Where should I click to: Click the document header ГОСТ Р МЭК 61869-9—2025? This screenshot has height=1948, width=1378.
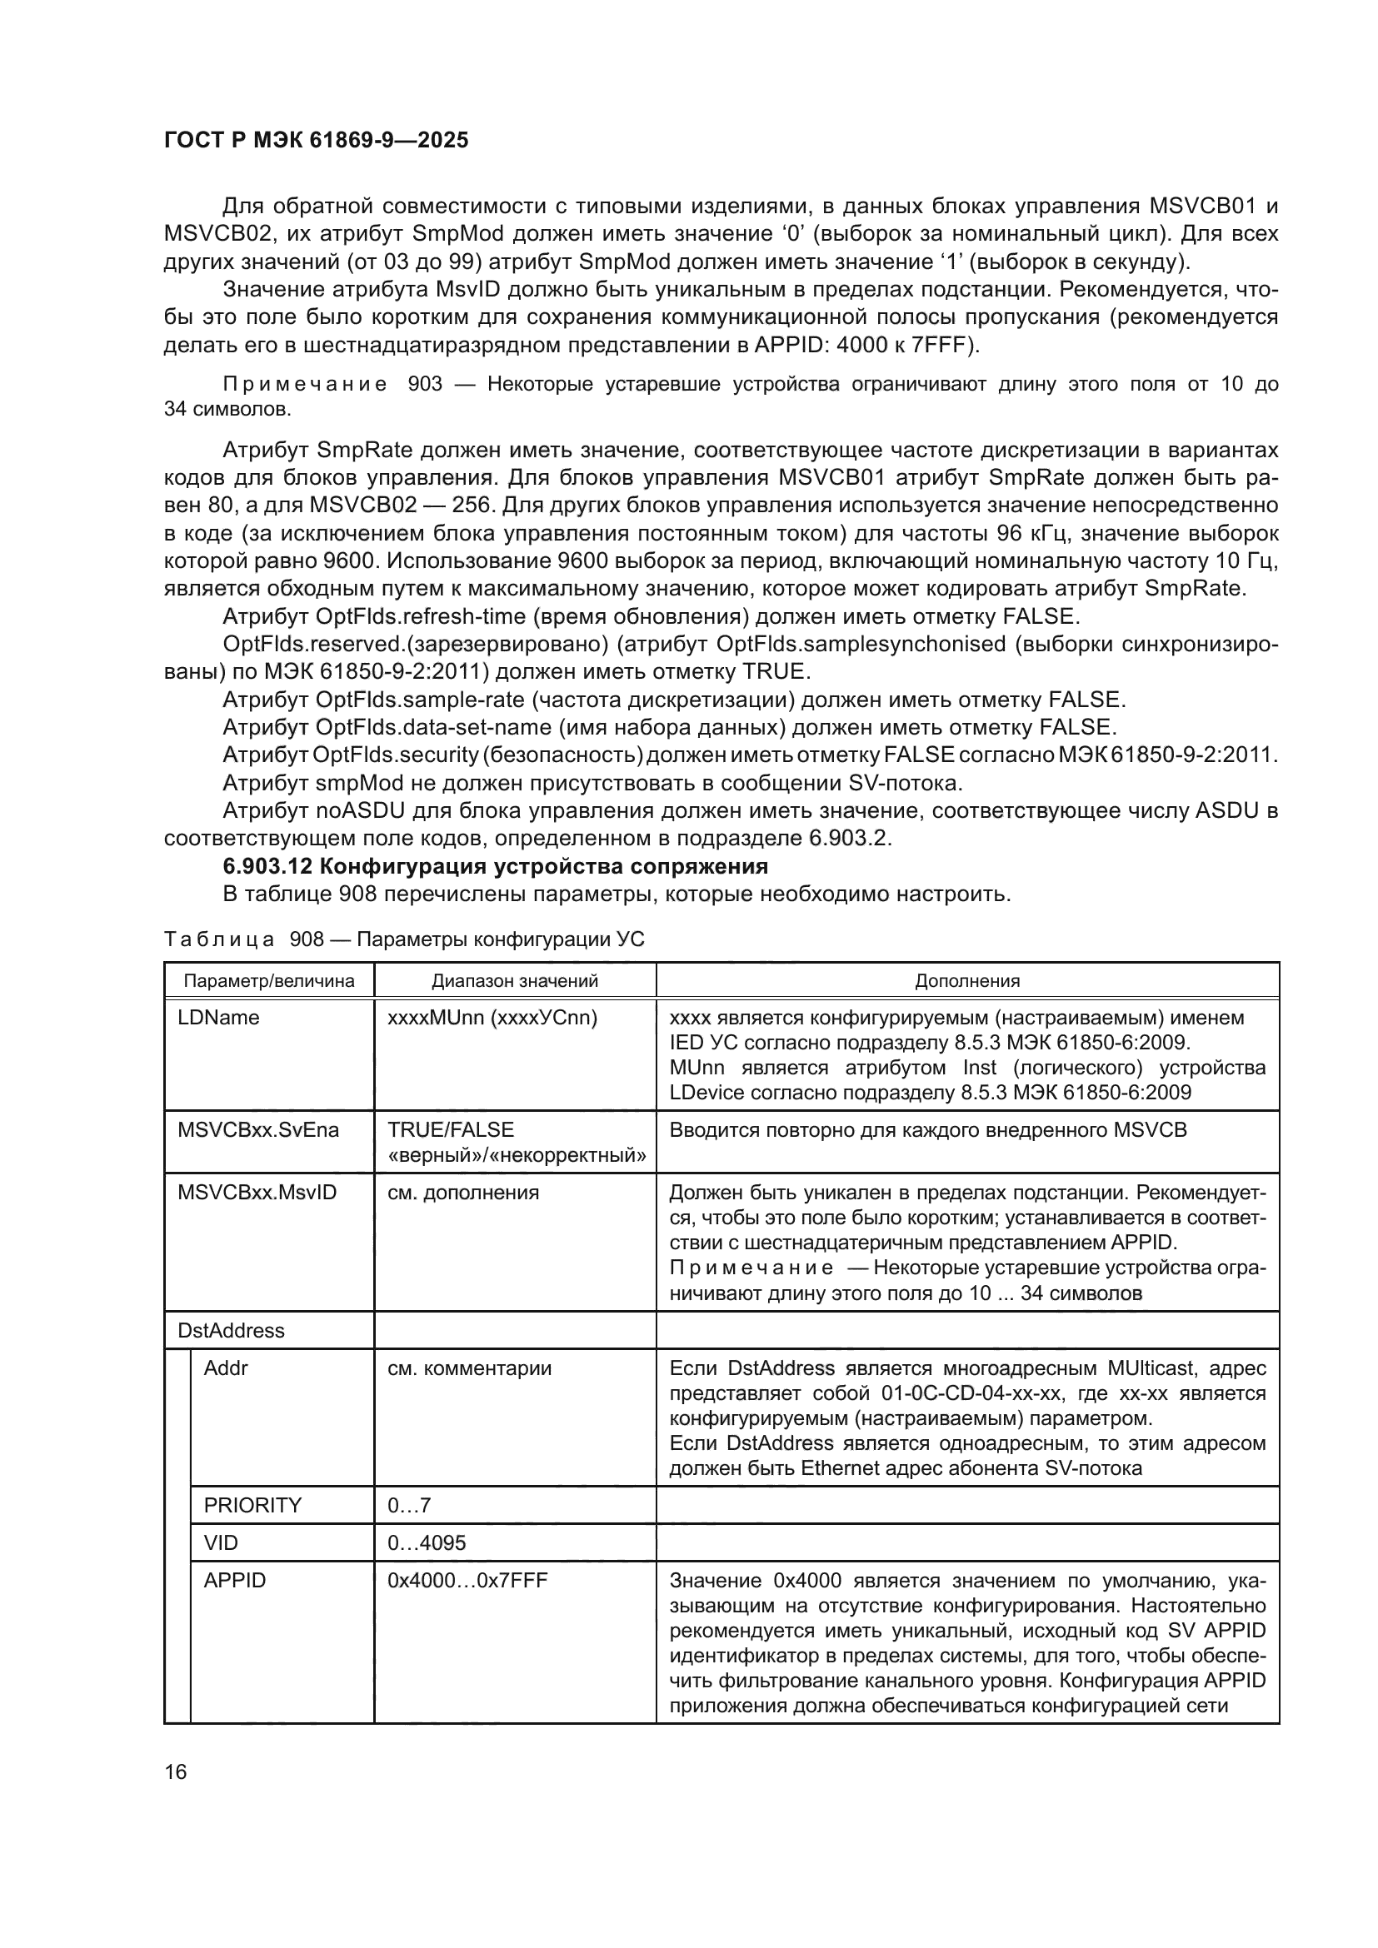pos(316,141)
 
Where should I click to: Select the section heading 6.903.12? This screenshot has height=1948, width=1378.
pos(495,866)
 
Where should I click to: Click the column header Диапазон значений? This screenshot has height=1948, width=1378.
pos(514,981)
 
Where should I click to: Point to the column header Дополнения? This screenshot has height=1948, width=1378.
pos(966,981)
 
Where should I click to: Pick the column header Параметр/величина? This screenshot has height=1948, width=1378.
pos(269,981)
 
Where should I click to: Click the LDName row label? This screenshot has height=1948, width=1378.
pos(218,1017)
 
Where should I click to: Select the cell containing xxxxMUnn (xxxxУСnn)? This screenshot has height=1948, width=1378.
pos(492,1017)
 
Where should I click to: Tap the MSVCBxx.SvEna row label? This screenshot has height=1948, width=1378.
pos(258,1130)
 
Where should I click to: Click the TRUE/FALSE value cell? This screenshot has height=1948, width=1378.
pos(451,1130)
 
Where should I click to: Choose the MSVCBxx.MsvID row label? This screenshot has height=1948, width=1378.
pos(257,1192)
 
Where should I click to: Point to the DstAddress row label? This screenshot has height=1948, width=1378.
pos(231,1330)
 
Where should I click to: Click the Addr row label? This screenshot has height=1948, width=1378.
pos(226,1368)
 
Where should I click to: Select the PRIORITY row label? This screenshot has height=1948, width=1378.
pos(253,1505)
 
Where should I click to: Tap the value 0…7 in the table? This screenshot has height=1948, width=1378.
pos(409,1505)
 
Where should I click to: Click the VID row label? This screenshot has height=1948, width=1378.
pos(221,1542)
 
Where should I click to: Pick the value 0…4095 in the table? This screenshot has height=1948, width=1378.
pos(427,1542)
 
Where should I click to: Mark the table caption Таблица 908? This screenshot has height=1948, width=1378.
pos(404,939)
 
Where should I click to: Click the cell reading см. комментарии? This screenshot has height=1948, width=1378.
pos(469,1368)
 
